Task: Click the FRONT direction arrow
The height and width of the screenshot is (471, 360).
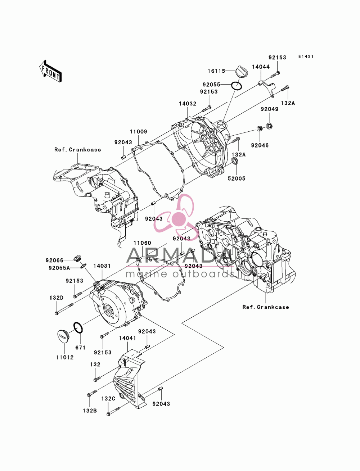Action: (x=50, y=71)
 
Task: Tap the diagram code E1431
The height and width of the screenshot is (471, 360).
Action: (x=306, y=56)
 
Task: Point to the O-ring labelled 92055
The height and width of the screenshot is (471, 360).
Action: (x=237, y=86)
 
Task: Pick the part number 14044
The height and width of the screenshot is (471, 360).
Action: (x=261, y=67)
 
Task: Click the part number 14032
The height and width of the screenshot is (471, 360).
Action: (x=188, y=104)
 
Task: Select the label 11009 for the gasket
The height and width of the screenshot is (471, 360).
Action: (x=139, y=132)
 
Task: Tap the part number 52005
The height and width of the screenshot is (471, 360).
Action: (x=237, y=178)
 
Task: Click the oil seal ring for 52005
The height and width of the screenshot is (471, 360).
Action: (x=235, y=160)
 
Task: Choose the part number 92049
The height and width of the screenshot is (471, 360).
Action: (x=269, y=109)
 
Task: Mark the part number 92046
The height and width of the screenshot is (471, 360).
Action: (x=260, y=145)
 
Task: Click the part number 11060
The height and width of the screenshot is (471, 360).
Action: (x=142, y=243)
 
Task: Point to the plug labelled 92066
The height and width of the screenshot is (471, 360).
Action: (x=77, y=258)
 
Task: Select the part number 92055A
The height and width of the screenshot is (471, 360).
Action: (x=59, y=268)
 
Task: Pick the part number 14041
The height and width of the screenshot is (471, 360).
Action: (x=127, y=338)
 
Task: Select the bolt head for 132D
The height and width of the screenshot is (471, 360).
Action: (x=57, y=313)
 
